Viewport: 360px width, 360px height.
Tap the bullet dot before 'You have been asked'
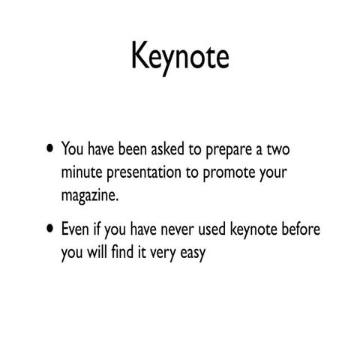click(49, 147)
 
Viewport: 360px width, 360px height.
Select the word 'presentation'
click(150, 173)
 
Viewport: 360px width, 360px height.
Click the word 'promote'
click(232, 173)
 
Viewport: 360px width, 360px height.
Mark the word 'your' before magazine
click(275, 174)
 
